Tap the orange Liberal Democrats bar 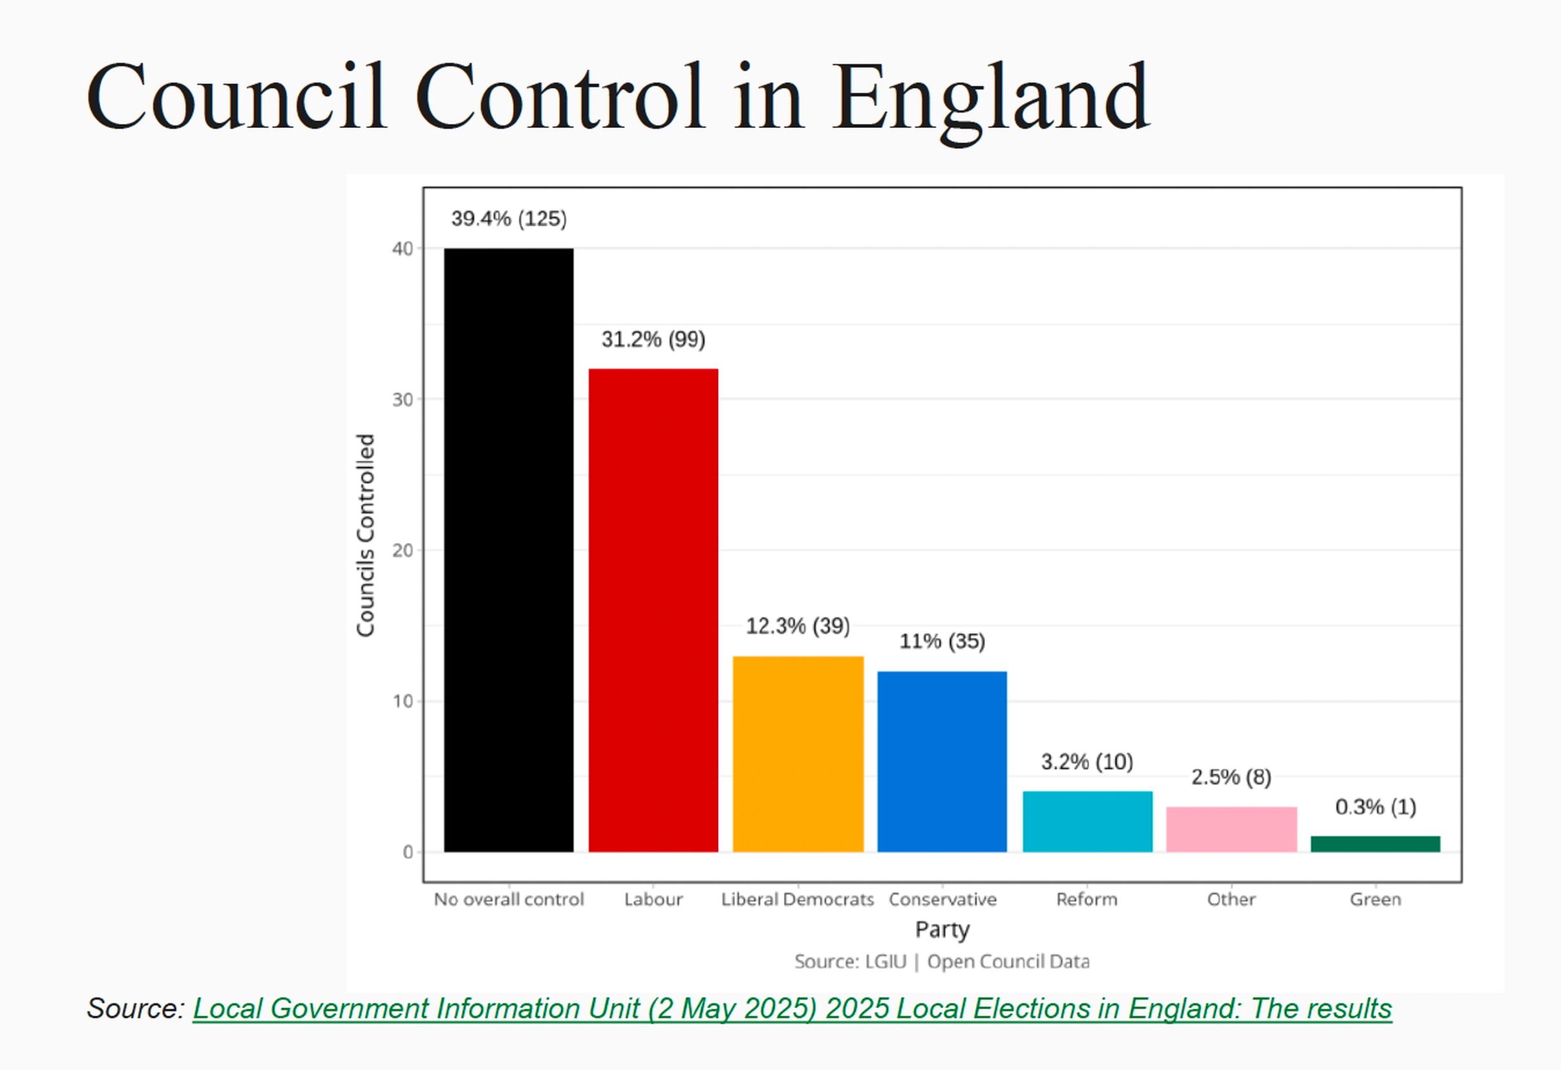(798, 754)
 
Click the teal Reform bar (1087, 822)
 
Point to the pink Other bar (1231, 829)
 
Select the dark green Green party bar (1375, 844)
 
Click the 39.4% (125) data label (509, 219)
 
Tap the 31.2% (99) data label (653, 339)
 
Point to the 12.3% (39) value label (798, 626)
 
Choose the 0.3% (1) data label (1375, 807)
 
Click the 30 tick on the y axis (402, 400)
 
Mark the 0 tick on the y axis (408, 852)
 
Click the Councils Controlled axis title (365, 535)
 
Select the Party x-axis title (942, 929)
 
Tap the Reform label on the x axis (1086, 899)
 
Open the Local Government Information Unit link (792, 1008)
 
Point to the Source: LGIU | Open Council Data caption (942, 961)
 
